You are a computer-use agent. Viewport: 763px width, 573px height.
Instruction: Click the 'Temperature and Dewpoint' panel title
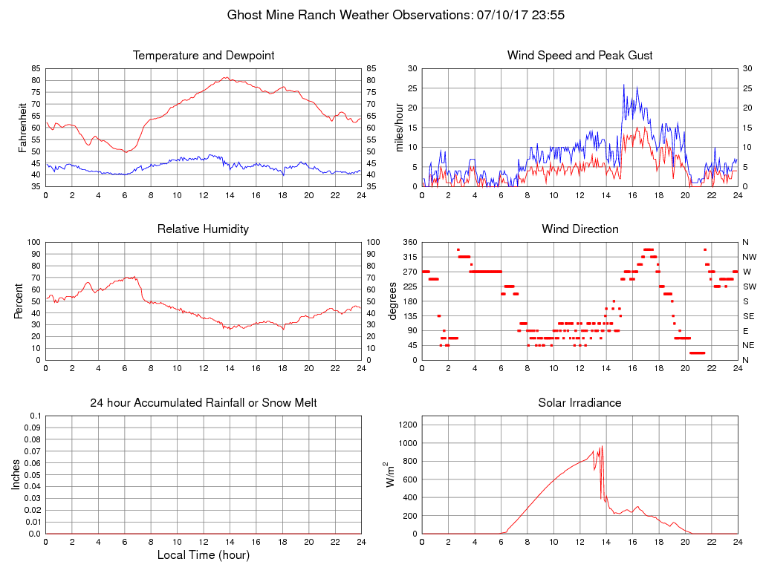click(x=204, y=56)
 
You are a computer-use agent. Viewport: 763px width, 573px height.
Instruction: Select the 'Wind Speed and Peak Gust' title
click(x=579, y=56)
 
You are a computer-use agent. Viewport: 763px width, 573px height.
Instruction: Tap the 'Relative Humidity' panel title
click(x=204, y=229)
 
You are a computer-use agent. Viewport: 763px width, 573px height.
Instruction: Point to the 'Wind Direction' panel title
click(x=579, y=229)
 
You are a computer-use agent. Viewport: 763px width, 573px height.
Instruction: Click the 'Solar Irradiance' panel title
click(x=579, y=403)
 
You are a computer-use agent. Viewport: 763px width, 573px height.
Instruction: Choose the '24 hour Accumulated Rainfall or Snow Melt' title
click(x=204, y=403)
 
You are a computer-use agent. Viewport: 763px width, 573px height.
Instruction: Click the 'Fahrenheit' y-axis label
click(x=23, y=128)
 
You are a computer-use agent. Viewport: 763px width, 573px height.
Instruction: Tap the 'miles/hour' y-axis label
click(x=399, y=128)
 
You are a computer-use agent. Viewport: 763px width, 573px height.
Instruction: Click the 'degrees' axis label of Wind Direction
click(x=393, y=301)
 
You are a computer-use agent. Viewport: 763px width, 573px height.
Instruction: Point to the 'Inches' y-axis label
click(x=17, y=474)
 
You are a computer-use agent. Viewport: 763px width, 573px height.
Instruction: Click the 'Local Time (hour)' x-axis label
click(x=204, y=554)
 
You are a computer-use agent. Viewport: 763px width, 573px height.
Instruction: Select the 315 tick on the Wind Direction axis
click(x=409, y=257)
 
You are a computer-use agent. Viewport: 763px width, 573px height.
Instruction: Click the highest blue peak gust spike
click(x=624, y=85)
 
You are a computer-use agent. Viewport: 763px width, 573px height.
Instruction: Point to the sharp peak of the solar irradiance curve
click(x=602, y=445)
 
